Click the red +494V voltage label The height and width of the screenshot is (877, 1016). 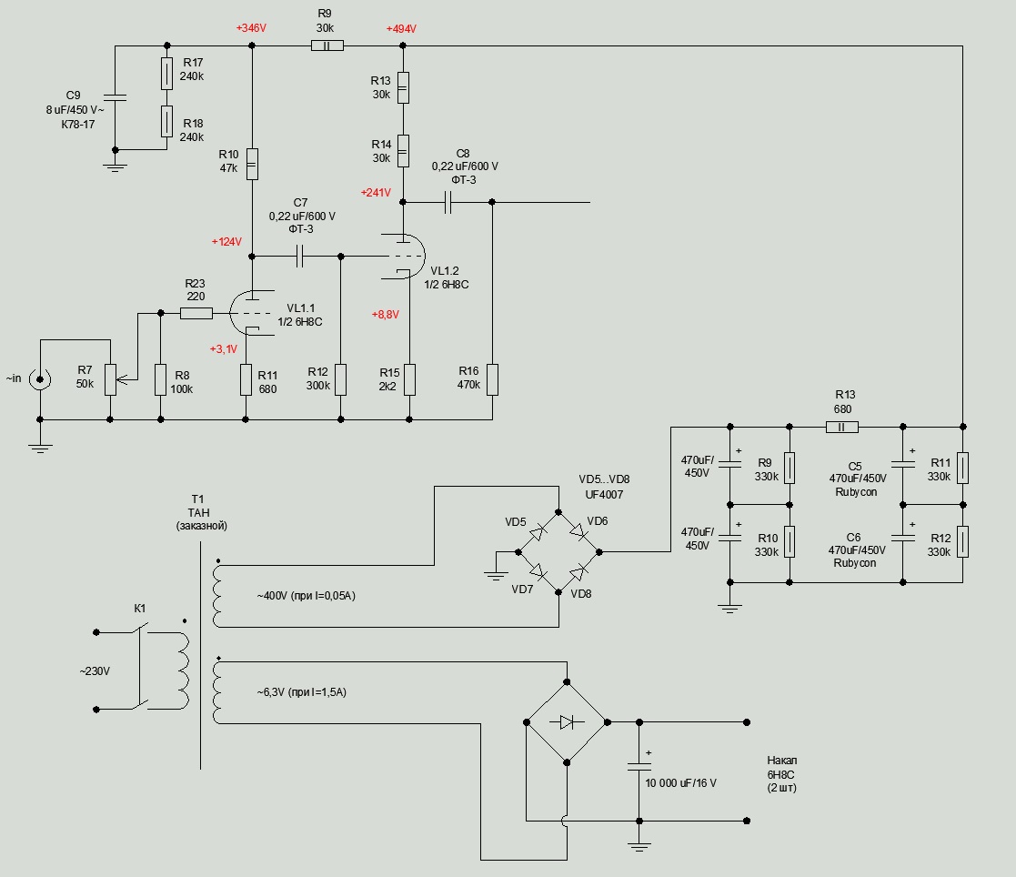401,29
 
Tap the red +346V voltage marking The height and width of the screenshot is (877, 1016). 251,29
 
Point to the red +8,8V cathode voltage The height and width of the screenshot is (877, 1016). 385,314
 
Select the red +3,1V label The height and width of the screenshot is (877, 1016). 224,349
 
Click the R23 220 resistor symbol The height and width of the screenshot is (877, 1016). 196,314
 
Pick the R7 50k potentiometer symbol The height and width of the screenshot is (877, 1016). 110,378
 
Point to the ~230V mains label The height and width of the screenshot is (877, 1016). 95,671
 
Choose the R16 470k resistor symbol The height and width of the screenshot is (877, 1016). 492,378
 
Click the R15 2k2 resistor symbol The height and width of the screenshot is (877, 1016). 409,378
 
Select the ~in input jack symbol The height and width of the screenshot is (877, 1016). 40,378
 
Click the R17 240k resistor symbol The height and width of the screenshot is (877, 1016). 166,74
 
